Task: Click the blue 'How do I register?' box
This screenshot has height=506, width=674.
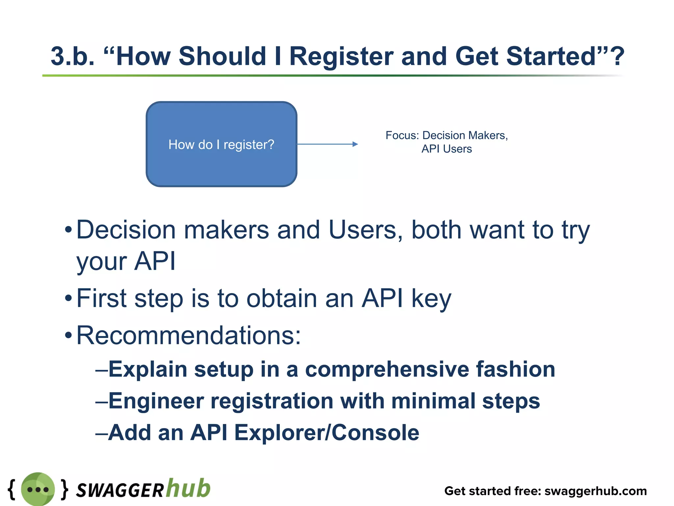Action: click(x=221, y=144)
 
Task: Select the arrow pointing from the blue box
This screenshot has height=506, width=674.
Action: click(x=327, y=144)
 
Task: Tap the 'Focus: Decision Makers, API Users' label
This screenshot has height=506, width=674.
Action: click(x=447, y=142)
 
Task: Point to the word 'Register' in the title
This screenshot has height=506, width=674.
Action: click(x=341, y=56)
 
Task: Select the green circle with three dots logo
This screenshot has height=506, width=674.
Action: click(x=38, y=489)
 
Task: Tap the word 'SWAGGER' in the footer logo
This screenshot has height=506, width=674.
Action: click(x=120, y=490)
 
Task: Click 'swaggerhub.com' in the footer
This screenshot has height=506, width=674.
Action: click(x=595, y=491)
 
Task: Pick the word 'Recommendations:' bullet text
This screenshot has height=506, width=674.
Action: click(x=189, y=335)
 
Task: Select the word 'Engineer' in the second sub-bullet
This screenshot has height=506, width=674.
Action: click(x=156, y=401)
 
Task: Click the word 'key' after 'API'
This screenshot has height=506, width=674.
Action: click(x=431, y=298)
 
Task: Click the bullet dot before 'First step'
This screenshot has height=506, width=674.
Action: click(x=68, y=298)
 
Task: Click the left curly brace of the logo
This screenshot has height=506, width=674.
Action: click(x=12, y=489)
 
